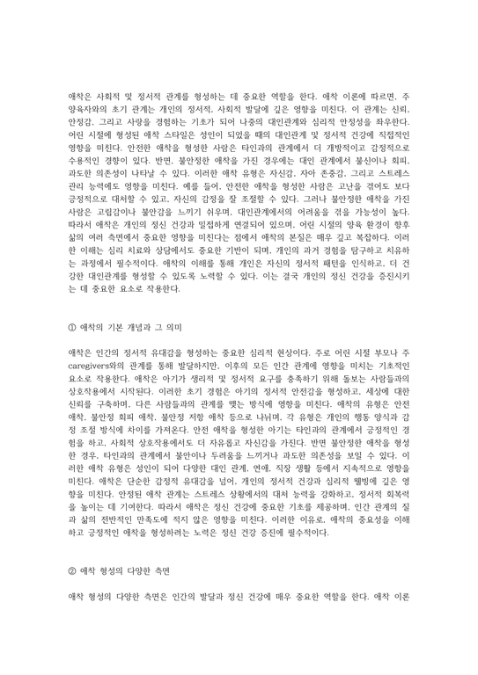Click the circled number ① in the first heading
pyautogui.click(x=73, y=301)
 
